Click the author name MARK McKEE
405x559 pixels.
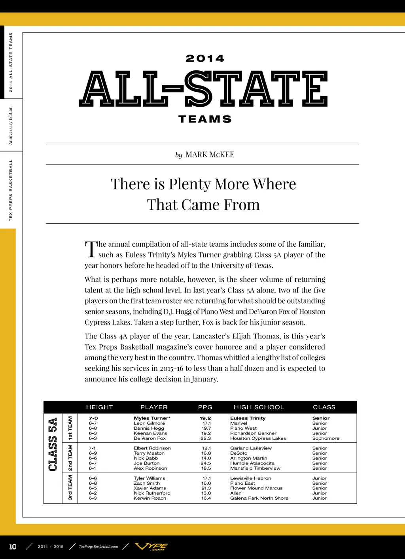(x=210, y=155)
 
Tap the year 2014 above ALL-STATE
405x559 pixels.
(x=205, y=59)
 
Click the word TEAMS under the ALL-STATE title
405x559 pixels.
(x=205, y=119)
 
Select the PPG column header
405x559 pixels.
(x=205, y=407)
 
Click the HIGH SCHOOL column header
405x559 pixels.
(x=259, y=407)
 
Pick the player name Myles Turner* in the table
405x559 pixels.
(x=152, y=418)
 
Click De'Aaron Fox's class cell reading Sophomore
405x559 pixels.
(x=326, y=438)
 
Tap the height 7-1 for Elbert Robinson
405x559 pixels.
(x=92, y=448)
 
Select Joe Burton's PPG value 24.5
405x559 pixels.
(x=206, y=463)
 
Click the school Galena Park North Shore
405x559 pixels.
(x=259, y=498)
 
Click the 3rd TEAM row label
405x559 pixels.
(x=70, y=488)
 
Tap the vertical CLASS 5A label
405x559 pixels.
(x=53, y=444)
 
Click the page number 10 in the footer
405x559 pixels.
(x=13, y=547)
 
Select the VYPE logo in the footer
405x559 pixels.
(x=151, y=547)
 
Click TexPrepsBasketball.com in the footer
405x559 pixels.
(x=98, y=547)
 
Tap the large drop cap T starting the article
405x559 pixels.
(x=91, y=249)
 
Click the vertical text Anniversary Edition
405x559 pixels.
(x=11, y=125)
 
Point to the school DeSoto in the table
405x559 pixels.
(x=238, y=453)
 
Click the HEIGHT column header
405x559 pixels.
(x=99, y=407)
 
